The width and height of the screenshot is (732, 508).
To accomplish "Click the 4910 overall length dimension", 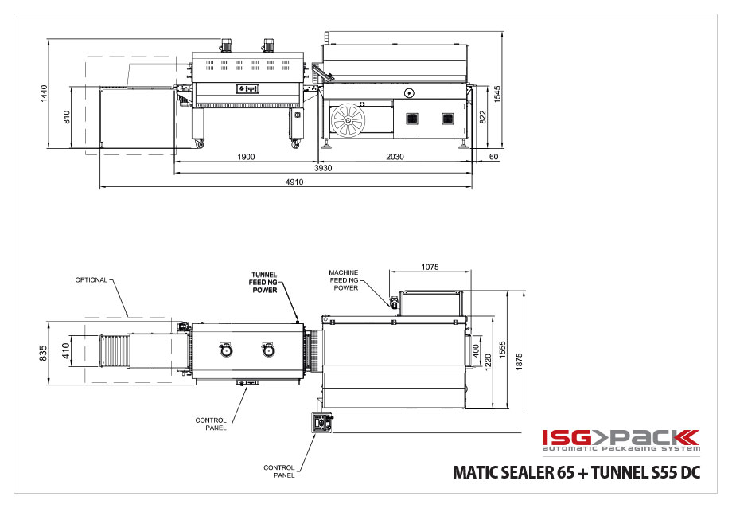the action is tap(294, 182).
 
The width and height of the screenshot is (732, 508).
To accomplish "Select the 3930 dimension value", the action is tap(323, 168).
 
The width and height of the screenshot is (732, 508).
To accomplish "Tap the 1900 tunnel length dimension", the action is tap(246, 157).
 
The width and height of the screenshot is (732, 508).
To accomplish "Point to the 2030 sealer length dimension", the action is tap(395, 157).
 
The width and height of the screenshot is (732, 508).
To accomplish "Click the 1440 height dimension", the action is tap(44, 93).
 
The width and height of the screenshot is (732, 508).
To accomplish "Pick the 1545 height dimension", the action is tap(497, 95).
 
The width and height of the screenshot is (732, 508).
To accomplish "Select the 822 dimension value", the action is tap(483, 117).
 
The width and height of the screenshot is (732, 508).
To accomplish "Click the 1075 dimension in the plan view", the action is tap(430, 267).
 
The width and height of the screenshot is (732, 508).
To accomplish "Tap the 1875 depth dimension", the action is tap(519, 361).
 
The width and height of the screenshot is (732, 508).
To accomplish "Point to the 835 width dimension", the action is tap(44, 353).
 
